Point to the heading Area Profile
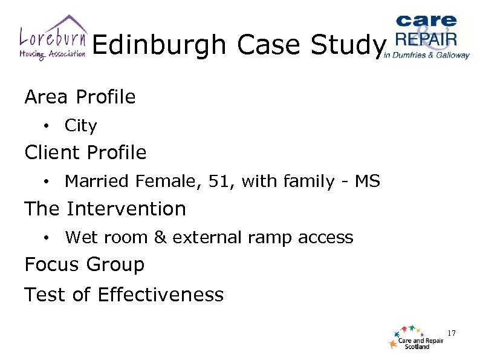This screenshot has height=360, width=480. point(80,97)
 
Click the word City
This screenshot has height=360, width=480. point(80,126)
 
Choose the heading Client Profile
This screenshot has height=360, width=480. point(85,152)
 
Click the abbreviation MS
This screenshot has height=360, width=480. point(368,182)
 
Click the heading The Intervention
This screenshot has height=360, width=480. point(105,209)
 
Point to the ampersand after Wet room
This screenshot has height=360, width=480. point(160,237)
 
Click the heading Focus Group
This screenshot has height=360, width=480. point(85,265)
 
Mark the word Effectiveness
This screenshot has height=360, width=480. point(160,295)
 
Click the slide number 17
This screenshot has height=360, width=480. point(451,333)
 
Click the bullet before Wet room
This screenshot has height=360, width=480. point(46,238)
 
